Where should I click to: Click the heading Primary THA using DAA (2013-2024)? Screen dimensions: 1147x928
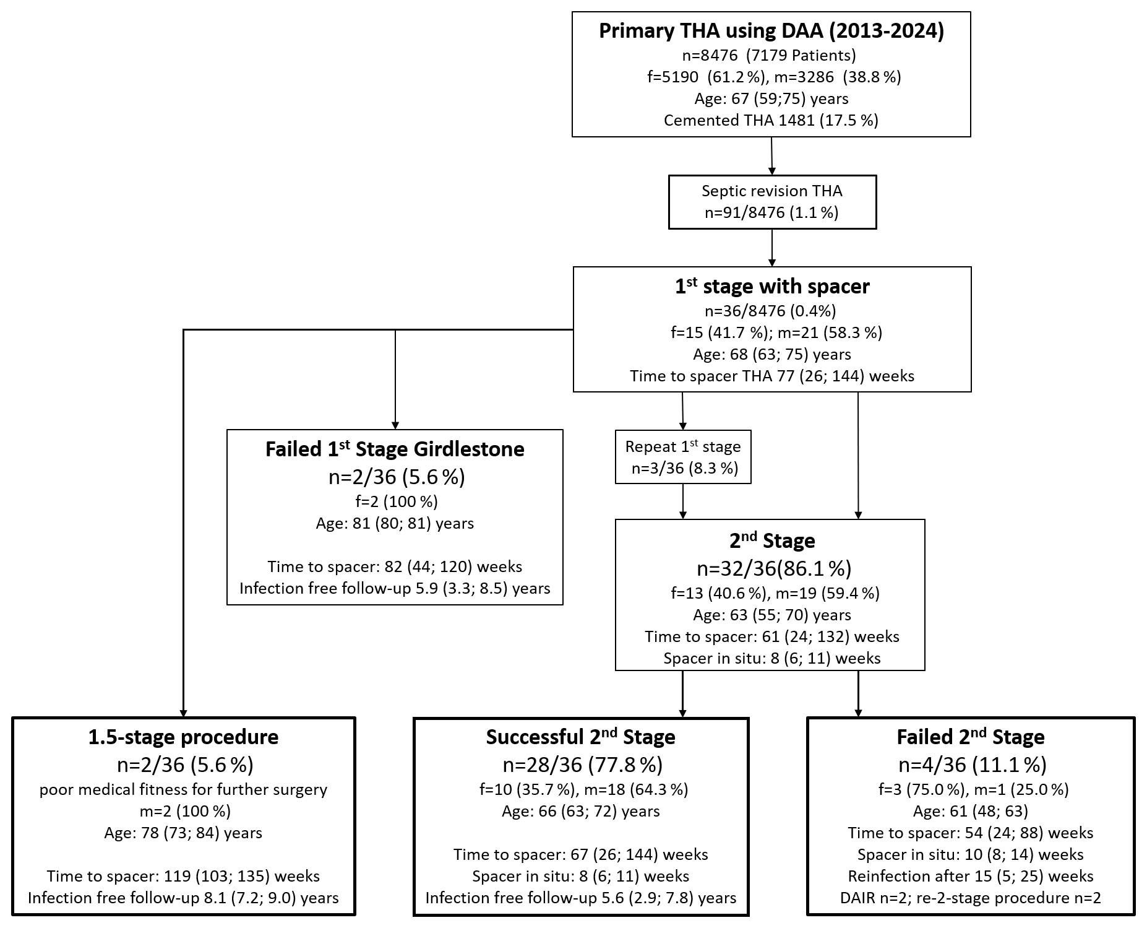point(771,31)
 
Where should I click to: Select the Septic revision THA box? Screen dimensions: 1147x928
point(772,202)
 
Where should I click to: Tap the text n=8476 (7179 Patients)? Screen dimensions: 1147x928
point(769,56)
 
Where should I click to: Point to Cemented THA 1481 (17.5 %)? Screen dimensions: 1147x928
point(771,120)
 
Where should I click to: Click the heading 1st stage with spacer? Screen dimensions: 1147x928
point(772,286)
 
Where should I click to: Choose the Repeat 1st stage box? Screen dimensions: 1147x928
point(683,457)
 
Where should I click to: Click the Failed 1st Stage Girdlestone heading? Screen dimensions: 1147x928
point(395,449)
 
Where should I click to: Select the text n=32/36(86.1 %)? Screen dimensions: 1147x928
point(774,568)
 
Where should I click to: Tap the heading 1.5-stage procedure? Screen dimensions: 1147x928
point(183,737)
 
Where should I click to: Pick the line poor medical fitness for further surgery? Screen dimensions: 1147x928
point(183,789)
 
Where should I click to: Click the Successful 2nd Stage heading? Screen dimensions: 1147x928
point(580,737)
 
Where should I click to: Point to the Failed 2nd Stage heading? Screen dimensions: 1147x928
point(971,737)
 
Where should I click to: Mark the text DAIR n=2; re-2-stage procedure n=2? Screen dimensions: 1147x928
point(971,898)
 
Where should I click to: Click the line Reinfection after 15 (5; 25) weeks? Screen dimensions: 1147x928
point(971,876)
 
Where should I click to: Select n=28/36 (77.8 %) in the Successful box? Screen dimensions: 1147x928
point(582,765)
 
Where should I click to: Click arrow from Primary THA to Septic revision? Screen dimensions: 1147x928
point(771,156)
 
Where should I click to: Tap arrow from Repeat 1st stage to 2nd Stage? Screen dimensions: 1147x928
point(683,501)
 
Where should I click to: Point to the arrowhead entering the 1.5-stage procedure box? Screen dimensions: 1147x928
point(183,712)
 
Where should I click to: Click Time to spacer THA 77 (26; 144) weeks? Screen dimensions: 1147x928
point(772,376)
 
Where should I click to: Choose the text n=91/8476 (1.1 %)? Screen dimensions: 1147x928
point(771,213)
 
